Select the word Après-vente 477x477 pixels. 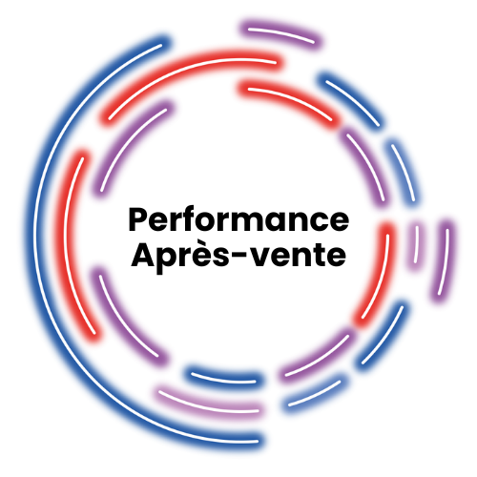pyautogui.click(x=238, y=256)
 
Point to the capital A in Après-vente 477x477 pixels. pyautogui.click(x=140, y=256)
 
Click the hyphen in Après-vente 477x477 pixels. pyautogui.click(x=252, y=259)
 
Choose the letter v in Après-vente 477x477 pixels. pyautogui.click(x=272, y=258)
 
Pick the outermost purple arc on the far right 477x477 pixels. pyautogui.click(x=445, y=258)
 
